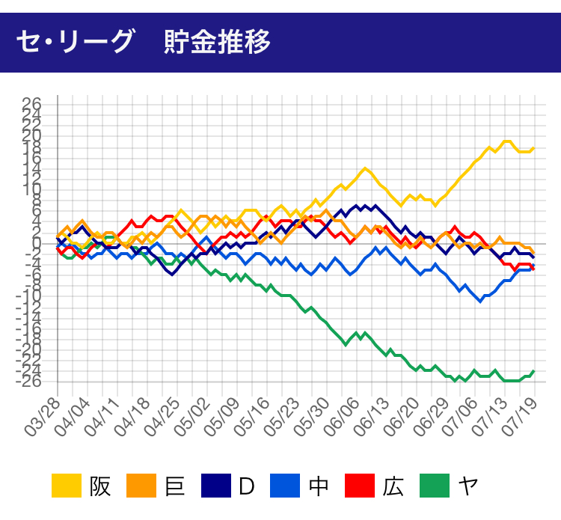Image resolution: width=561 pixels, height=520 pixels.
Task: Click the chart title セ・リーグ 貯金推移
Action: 143,38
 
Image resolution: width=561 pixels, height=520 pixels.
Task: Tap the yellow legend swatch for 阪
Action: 67,486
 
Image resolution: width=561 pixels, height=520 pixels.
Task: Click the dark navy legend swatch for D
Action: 216,486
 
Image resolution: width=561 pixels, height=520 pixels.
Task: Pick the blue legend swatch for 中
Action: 286,486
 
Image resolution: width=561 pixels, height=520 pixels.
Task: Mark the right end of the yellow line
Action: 533,148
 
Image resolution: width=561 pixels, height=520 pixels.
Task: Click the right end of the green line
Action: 533,371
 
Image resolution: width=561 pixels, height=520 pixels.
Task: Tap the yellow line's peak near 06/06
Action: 365,168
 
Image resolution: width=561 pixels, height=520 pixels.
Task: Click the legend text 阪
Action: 99,486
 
